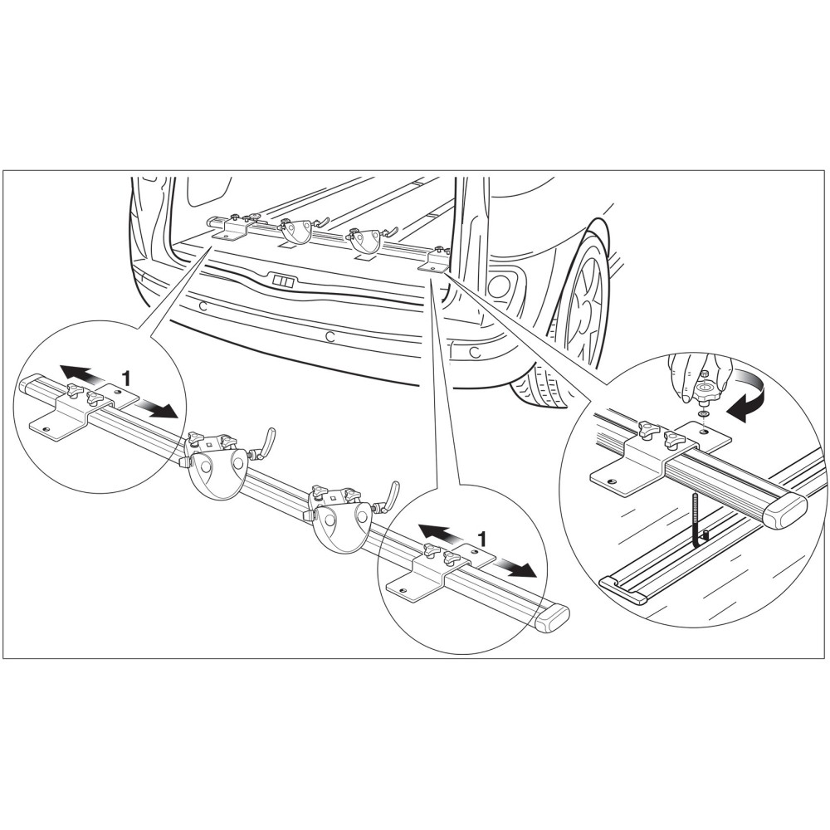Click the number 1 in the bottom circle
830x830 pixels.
(x=481, y=539)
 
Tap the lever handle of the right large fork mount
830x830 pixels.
(x=392, y=492)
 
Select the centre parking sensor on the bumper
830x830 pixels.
(x=330, y=336)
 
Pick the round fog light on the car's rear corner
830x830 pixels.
(x=499, y=286)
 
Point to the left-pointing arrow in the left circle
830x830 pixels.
(x=81, y=373)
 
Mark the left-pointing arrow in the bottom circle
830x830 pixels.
(x=437, y=534)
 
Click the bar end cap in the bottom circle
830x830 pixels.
(x=553, y=618)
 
